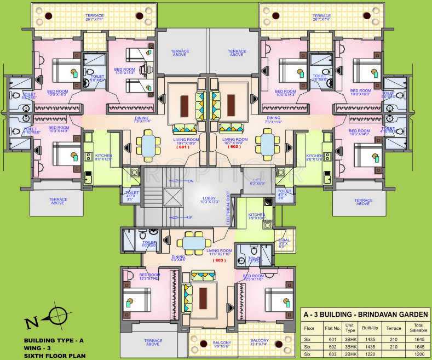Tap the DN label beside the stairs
point(190,180)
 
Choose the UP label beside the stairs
point(190,218)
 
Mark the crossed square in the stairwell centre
point(172,197)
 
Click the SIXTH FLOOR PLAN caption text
point(51,355)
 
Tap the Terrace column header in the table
point(394,328)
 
